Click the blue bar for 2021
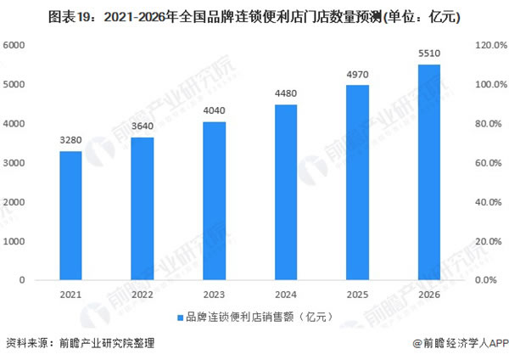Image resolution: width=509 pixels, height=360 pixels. pyautogui.click(x=70, y=216)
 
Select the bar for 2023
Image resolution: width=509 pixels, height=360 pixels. pyautogui.click(x=214, y=201)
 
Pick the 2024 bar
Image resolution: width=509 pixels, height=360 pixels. pyautogui.click(x=286, y=193)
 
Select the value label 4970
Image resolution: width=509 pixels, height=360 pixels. pyautogui.click(x=358, y=76)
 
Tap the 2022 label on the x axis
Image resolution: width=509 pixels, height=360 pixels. pyautogui.click(x=143, y=295)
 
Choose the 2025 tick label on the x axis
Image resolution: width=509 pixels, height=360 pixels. pyautogui.click(x=358, y=295)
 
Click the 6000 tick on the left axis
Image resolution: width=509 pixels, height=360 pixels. pyautogui.click(x=17, y=46)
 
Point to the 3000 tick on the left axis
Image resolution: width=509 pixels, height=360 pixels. pyautogui.click(x=17, y=163)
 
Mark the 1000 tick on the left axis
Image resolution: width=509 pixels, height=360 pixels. pyautogui.click(x=17, y=241)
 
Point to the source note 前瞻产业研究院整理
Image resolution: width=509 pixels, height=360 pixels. pyautogui.click(x=108, y=344)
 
